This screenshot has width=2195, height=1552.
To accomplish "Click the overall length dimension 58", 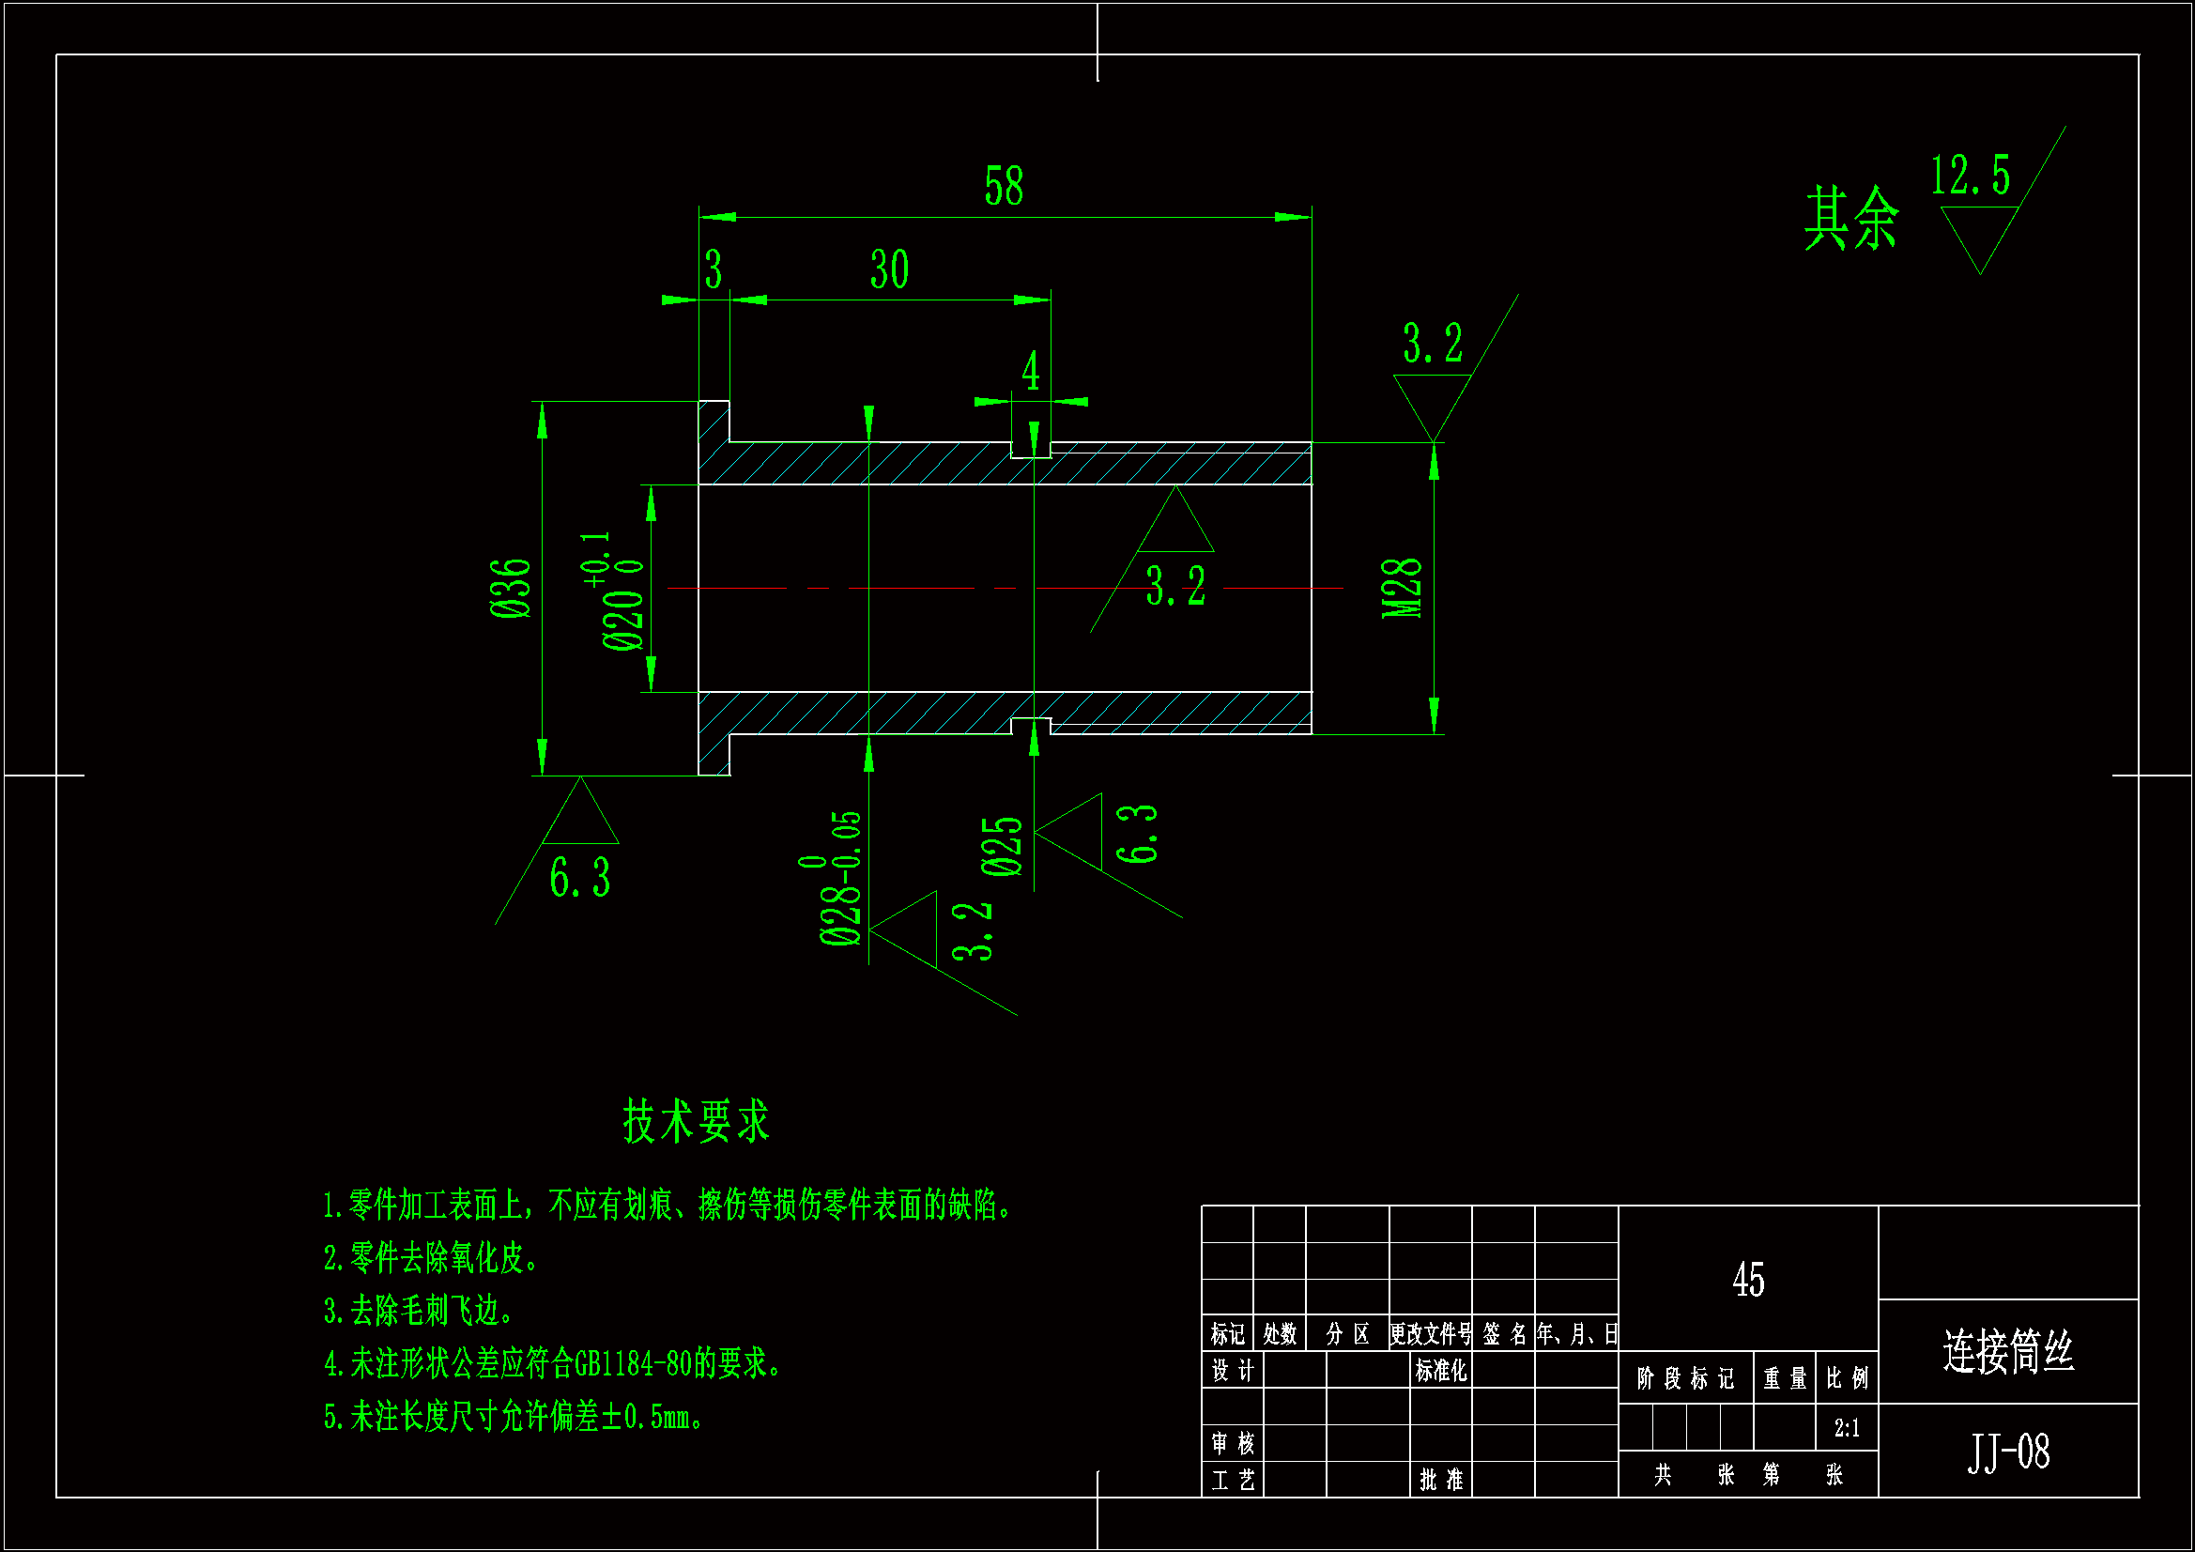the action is coord(1003,186).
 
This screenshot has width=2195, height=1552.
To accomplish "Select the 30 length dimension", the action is coord(888,269).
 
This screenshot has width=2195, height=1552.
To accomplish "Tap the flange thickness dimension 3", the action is coord(714,269).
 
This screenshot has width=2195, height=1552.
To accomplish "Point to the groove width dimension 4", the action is coord(1031,370).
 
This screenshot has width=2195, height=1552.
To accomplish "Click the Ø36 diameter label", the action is coord(511,587).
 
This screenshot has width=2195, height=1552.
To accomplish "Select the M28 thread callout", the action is coord(1402,587).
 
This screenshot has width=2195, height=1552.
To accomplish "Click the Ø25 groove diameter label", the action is coord(1002,846).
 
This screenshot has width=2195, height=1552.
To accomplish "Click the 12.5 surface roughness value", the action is coord(1971,176).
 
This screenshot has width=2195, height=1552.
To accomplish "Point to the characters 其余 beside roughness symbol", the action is coord(1850,219).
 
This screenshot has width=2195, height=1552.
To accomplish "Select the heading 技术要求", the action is coord(696,1121).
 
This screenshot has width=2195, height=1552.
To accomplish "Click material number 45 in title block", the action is coord(1747,1280).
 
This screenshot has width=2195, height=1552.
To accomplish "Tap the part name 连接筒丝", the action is coord(2007,1352).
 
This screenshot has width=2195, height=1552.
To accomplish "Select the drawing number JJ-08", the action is coord(2007,1452).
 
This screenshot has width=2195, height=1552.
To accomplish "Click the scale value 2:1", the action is coord(1846,1429).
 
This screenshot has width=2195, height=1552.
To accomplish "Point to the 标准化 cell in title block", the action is coord(1441,1370).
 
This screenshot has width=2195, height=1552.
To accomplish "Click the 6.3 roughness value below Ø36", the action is coord(579,877).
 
